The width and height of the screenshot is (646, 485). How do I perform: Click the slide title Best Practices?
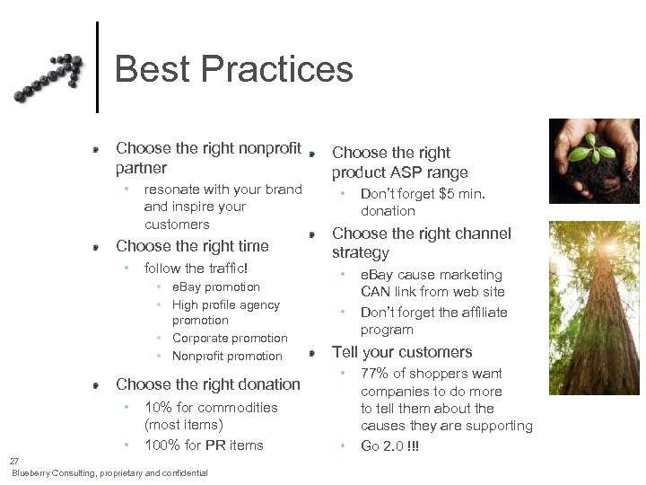coord(233,69)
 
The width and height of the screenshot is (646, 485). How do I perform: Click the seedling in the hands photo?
coord(593,145)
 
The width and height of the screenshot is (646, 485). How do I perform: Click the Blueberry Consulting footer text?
coord(109,473)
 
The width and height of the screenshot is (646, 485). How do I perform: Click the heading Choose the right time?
coord(192,246)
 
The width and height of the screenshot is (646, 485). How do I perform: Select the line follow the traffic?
coord(196,268)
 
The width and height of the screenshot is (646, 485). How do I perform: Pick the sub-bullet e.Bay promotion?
coord(215,287)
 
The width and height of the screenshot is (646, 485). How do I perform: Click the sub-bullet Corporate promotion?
coord(230,339)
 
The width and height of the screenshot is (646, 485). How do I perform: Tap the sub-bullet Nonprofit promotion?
coord(227,357)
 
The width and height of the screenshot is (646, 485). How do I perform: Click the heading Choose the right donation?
coord(208,384)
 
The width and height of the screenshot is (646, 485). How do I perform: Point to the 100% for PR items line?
coord(204,445)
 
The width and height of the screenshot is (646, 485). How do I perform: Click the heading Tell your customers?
coord(402,352)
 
